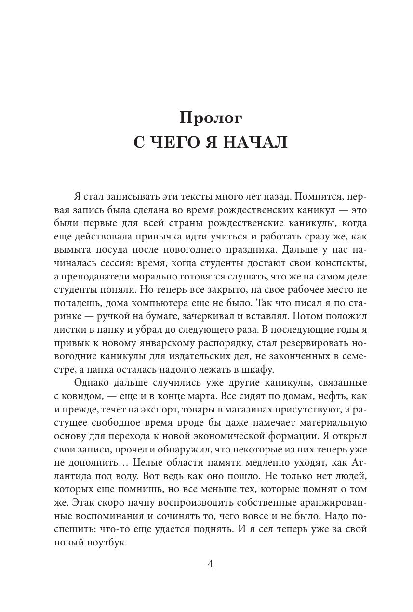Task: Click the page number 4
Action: (x=211, y=564)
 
